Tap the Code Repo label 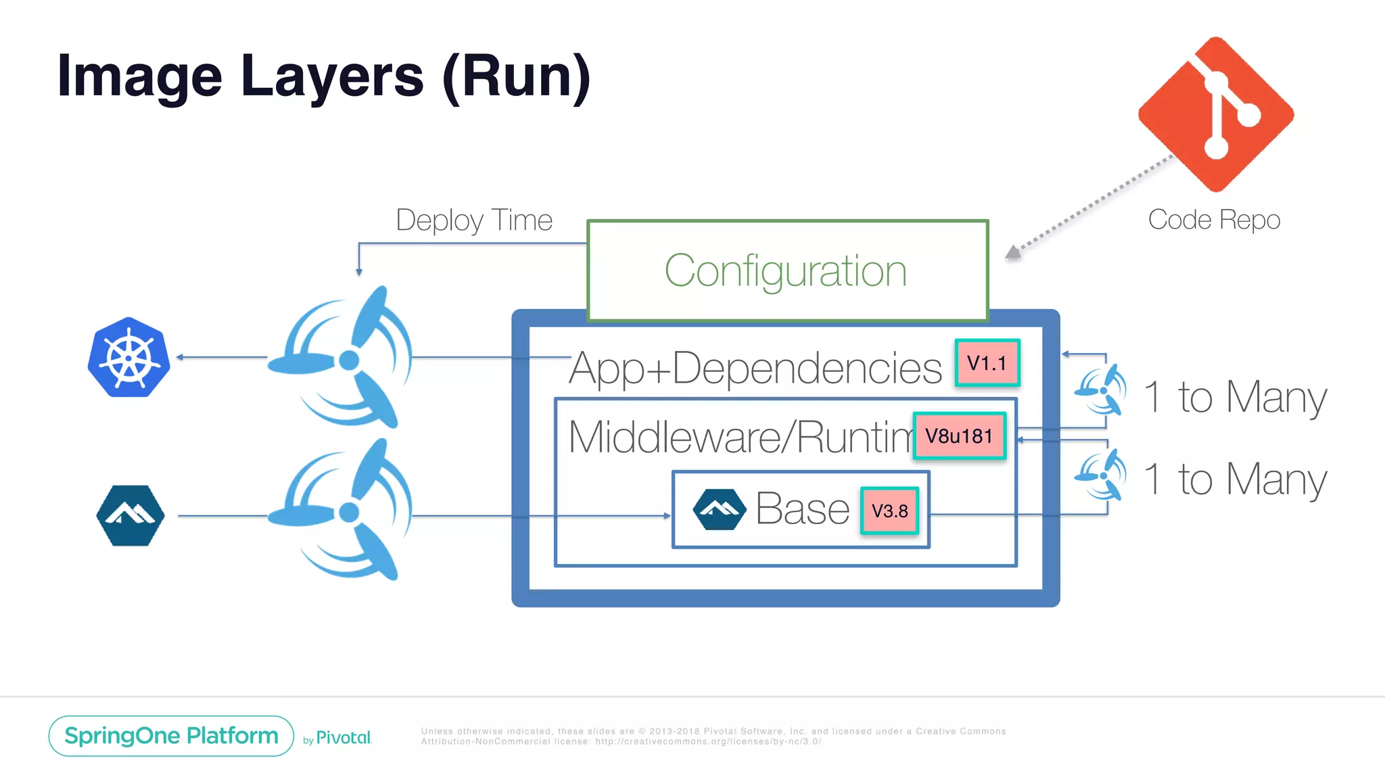pyautogui.click(x=1214, y=220)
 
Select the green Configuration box pyautogui.click(x=787, y=270)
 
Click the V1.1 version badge pyautogui.click(x=987, y=363)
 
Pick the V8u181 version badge pyautogui.click(x=959, y=436)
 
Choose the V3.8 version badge pyautogui.click(x=889, y=511)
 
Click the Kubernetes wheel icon pyautogui.click(x=128, y=357)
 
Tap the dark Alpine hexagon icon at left pyautogui.click(x=130, y=515)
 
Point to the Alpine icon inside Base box pyautogui.click(x=719, y=509)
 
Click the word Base pyautogui.click(x=802, y=509)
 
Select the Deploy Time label pyautogui.click(x=474, y=220)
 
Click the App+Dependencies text pyautogui.click(x=755, y=369)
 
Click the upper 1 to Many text pyautogui.click(x=1235, y=397)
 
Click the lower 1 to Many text pyautogui.click(x=1235, y=479)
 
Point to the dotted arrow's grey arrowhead pyautogui.click(x=1013, y=252)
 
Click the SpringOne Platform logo pyautogui.click(x=171, y=736)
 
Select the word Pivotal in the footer pyautogui.click(x=344, y=738)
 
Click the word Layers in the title pyautogui.click(x=332, y=76)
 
